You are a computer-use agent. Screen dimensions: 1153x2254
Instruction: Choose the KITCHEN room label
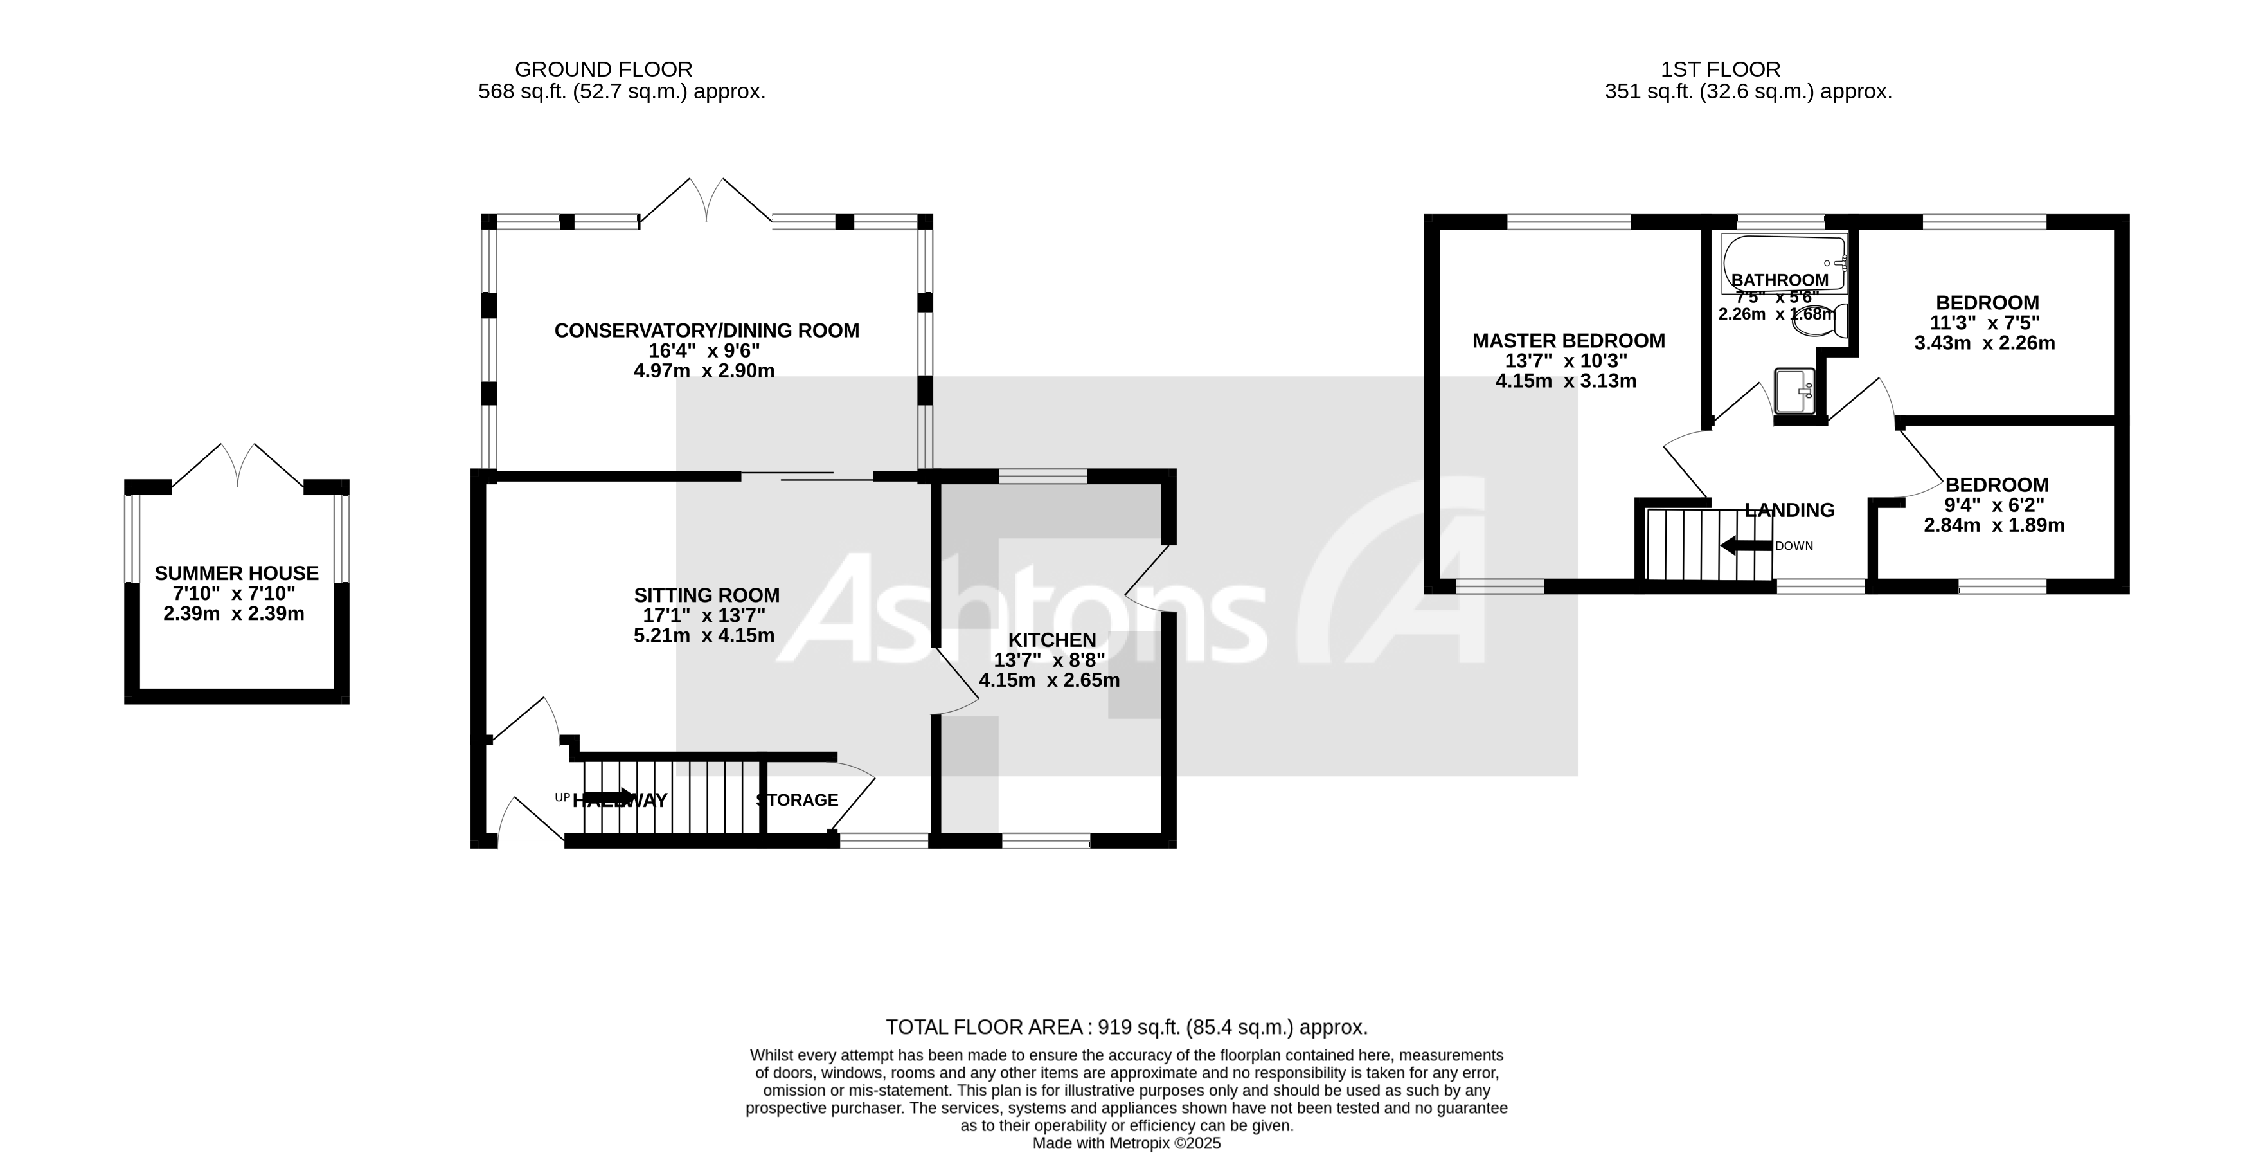(x=1051, y=640)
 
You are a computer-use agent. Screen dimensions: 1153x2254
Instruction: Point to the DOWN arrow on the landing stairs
(x=1746, y=545)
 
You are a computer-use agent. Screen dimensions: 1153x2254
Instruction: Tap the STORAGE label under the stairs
(x=797, y=800)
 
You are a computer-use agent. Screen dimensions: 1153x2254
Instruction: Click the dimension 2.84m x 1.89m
(x=1994, y=525)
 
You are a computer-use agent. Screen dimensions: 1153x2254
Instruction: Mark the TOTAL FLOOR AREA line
(x=1126, y=1027)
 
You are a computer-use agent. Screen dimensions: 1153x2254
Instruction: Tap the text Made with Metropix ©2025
(x=1126, y=1143)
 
